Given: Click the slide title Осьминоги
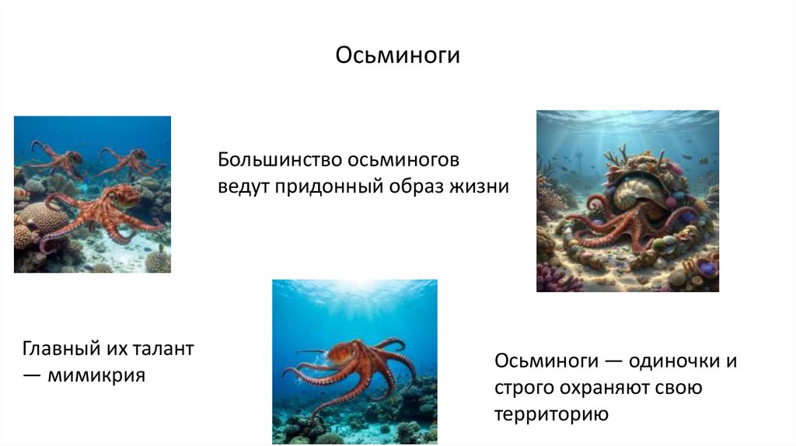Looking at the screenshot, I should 398,57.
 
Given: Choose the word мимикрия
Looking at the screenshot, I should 96,375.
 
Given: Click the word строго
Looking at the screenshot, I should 520,389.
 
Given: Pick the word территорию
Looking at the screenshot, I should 550,414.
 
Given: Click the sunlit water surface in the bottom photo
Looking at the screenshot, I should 354,291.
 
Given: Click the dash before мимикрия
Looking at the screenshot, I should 33,375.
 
